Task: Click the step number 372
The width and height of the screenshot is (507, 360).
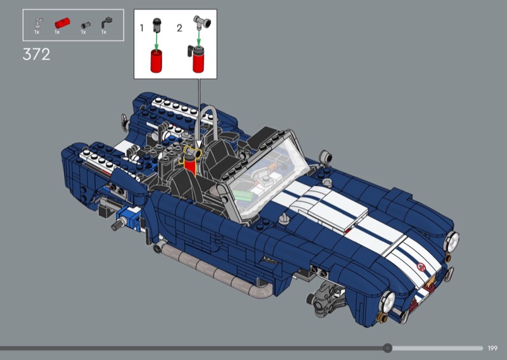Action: [37, 55]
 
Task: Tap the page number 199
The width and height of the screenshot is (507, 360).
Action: [492, 349]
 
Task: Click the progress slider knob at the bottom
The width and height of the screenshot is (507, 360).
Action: [387, 348]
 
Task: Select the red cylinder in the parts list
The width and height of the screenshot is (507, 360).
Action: [62, 23]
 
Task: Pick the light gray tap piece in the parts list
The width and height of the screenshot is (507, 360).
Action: [39, 23]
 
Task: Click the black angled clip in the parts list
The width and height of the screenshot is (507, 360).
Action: [106, 23]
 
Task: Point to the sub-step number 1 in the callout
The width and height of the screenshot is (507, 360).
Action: [141, 28]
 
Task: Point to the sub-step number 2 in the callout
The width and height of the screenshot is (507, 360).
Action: [179, 28]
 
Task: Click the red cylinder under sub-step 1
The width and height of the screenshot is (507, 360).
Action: [156, 61]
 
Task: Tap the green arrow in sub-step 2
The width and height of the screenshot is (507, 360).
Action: [198, 38]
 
